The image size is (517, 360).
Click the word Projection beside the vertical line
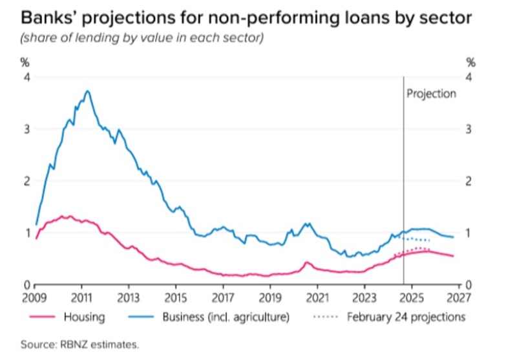(431, 94)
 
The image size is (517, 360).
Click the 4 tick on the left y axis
(26, 77)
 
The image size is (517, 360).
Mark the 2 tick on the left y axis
(26, 180)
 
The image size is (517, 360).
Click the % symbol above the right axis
(470, 63)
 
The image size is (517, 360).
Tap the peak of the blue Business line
(87, 91)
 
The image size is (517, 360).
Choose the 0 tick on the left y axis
(26, 284)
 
